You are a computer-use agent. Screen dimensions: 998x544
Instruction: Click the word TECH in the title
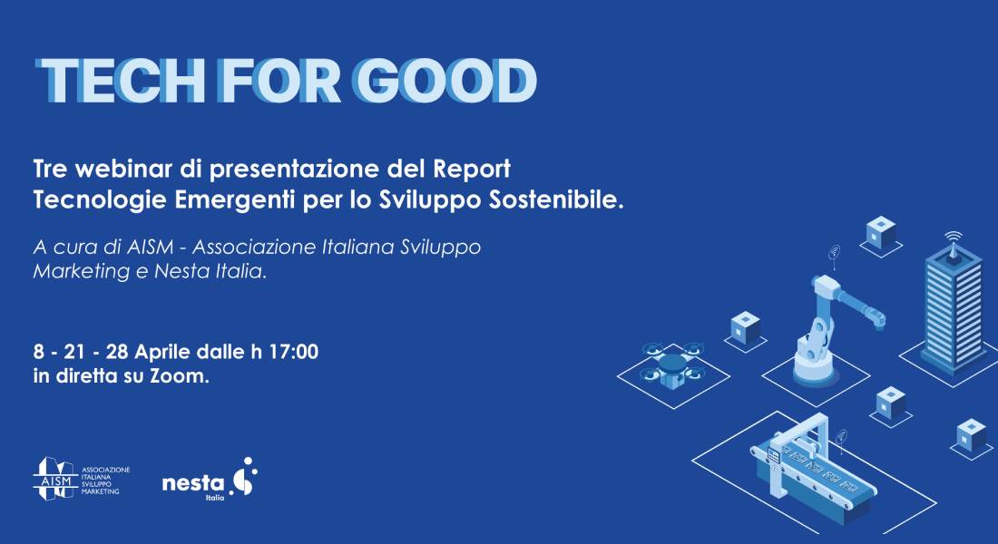120,82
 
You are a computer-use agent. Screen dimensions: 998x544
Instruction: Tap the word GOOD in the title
446,82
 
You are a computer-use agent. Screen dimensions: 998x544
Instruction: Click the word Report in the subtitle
472,170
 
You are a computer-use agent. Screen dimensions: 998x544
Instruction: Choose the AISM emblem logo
55,479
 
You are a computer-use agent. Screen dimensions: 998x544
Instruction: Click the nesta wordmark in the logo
193,483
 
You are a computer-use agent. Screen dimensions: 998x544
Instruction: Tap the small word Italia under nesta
215,498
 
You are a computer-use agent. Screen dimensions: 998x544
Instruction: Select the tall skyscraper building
952,306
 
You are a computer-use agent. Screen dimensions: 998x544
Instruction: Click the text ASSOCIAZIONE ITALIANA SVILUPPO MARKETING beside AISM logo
105,481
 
